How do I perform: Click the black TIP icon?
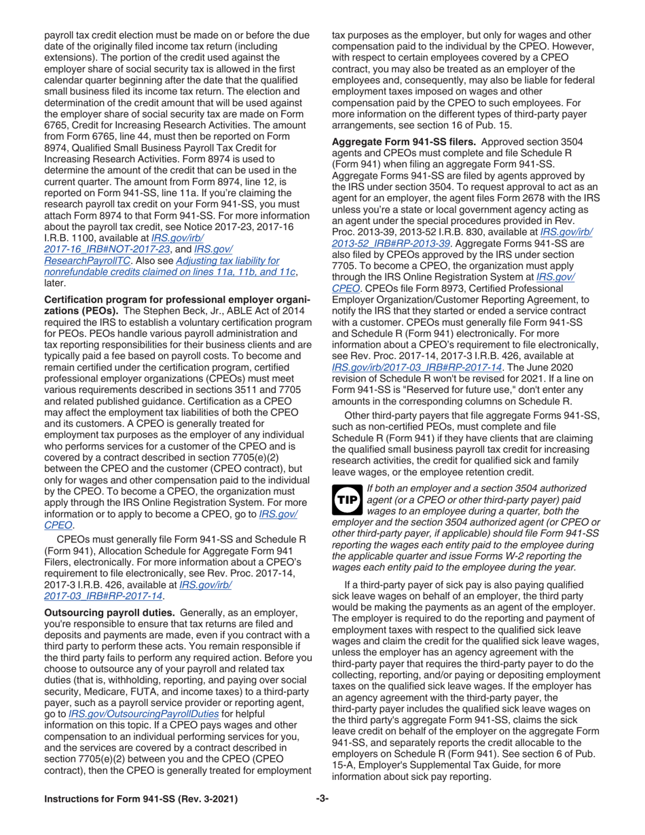(x=345, y=499)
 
